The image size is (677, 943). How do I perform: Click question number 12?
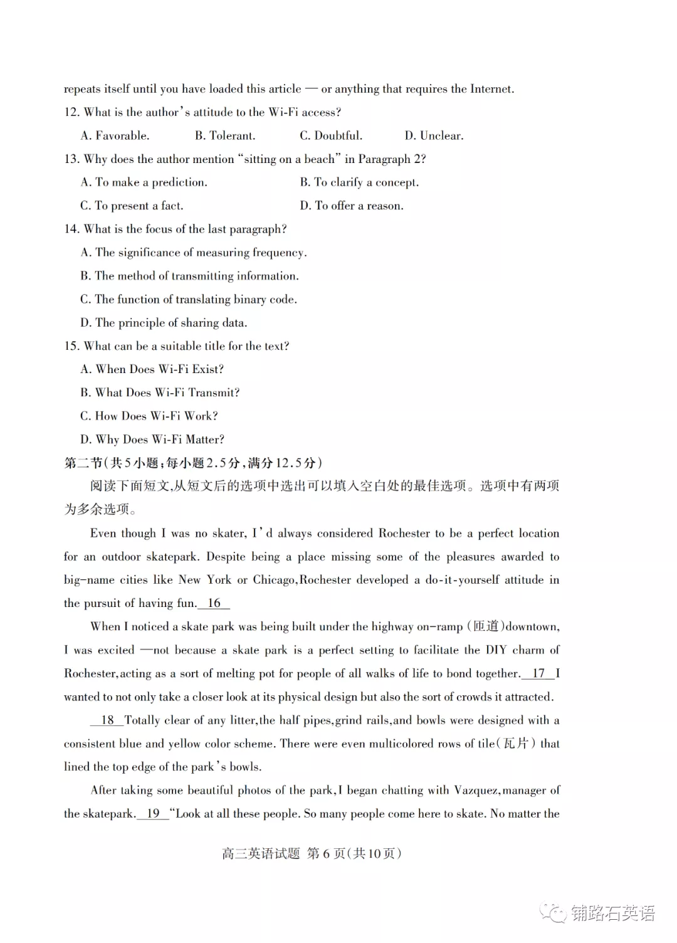(71, 112)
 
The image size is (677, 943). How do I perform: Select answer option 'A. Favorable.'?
(115, 135)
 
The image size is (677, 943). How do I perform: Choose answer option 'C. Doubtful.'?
(330, 135)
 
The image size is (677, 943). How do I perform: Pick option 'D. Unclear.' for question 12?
(434, 135)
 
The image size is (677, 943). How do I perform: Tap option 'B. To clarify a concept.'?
(359, 182)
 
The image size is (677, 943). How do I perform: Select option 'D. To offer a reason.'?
(352, 206)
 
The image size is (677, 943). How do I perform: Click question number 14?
(71, 229)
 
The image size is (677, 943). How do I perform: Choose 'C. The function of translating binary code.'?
(189, 299)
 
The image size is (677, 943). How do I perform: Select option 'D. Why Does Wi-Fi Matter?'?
(152, 440)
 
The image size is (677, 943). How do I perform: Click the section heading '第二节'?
(83, 463)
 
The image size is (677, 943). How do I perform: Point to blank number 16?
(214, 603)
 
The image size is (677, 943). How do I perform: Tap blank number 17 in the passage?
(538, 673)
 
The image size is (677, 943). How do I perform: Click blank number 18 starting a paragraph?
(107, 720)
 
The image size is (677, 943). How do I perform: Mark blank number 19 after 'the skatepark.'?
(153, 813)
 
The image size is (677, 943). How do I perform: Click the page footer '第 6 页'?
(326, 853)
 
